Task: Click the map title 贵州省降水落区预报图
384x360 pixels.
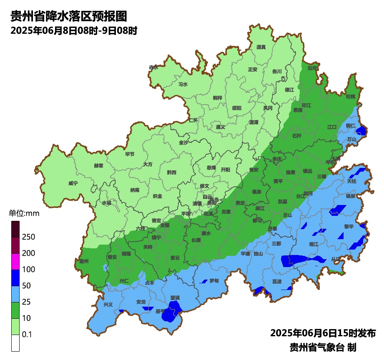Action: (68, 16)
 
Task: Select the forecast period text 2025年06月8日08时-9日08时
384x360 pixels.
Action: (74, 31)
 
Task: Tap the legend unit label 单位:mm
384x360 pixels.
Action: (24, 214)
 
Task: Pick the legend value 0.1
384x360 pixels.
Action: (27, 335)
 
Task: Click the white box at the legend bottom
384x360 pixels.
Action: (15, 343)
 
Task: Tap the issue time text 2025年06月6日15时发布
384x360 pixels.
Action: (323, 333)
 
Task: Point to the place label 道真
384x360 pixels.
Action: (261, 47)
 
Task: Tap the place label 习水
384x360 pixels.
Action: (183, 84)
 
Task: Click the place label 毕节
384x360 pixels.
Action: (130, 154)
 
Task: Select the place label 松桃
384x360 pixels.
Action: (350, 96)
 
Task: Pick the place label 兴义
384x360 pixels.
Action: (108, 305)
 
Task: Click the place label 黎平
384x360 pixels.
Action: (349, 226)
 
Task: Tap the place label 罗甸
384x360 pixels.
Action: (214, 280)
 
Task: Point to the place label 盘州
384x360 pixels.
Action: (84, 262)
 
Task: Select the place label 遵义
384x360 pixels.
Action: (220, 127)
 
